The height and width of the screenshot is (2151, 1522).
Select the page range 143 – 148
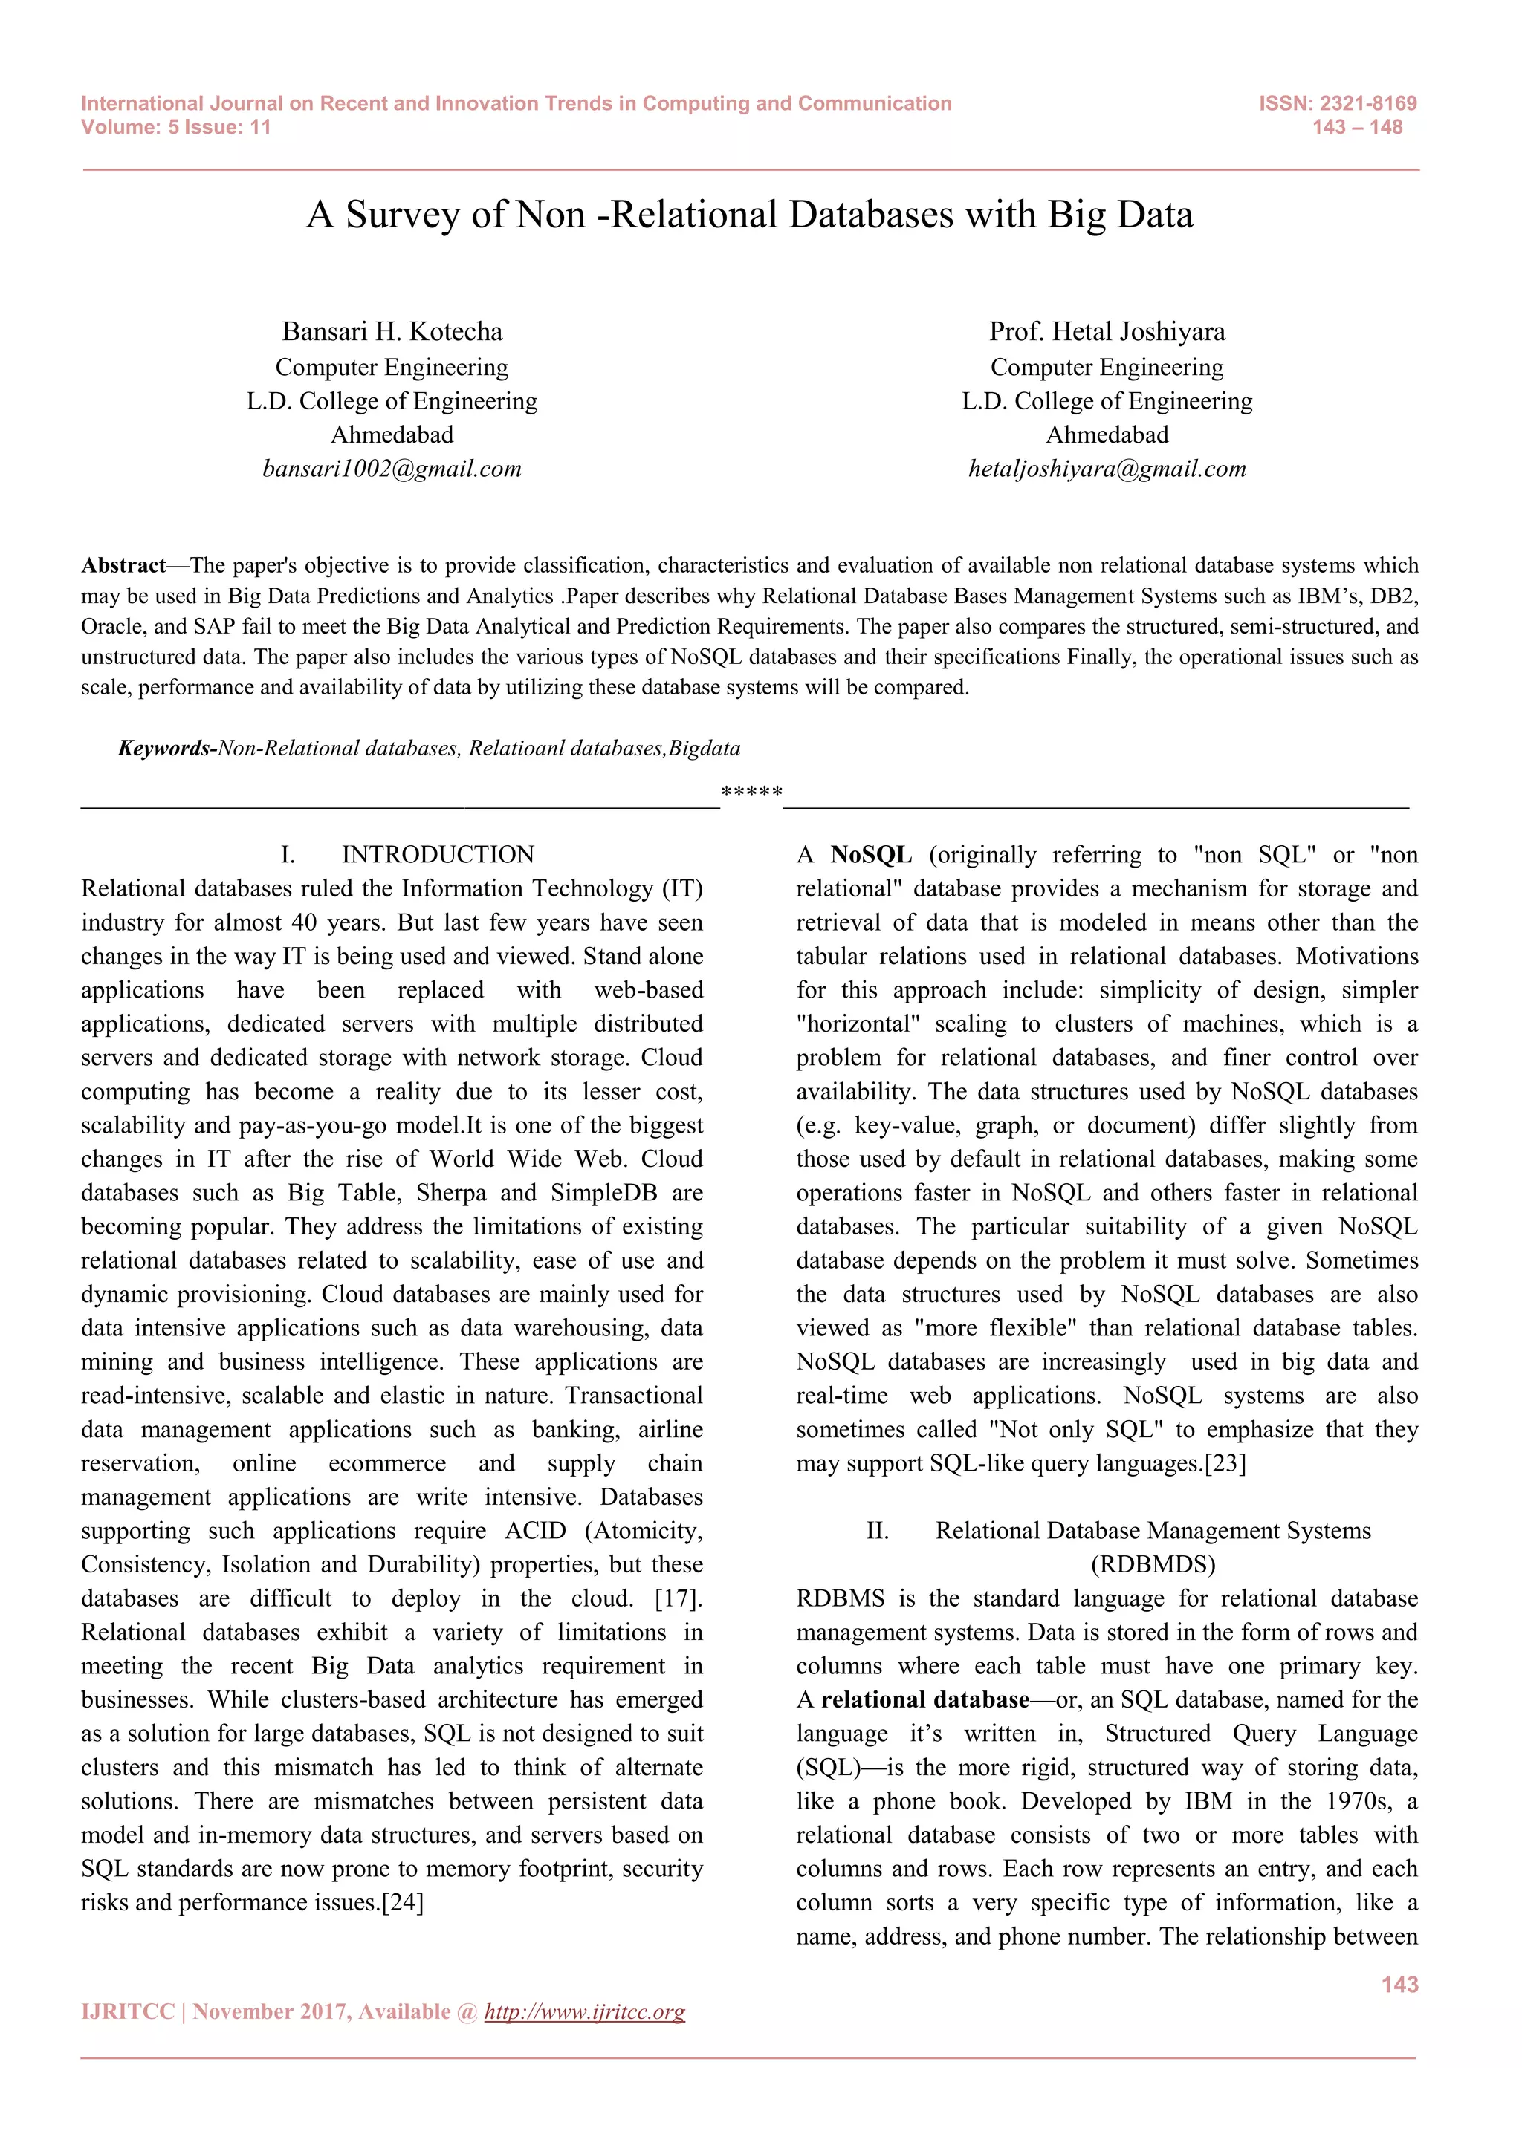tap(1357, 128)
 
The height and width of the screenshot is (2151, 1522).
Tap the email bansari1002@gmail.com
tap(392, 469)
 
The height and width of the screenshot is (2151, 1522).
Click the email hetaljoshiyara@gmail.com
tap(1107, 469)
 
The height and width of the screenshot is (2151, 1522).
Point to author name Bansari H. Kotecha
tap(392, 332)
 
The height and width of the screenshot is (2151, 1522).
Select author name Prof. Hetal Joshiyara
tap(1107, 332)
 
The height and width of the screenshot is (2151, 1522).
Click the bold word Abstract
tap(123, 565)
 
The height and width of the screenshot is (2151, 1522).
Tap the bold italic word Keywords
tap(164, 748)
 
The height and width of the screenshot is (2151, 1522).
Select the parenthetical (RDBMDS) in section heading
tap(1153, 1564)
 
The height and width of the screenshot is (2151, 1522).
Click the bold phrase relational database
tap(925, 1699)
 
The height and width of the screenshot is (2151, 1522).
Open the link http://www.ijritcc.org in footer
tap(585, 2011)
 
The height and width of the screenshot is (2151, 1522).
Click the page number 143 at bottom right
tap(1399, 1984)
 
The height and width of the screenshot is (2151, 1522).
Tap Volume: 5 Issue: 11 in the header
tap(176, 128)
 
